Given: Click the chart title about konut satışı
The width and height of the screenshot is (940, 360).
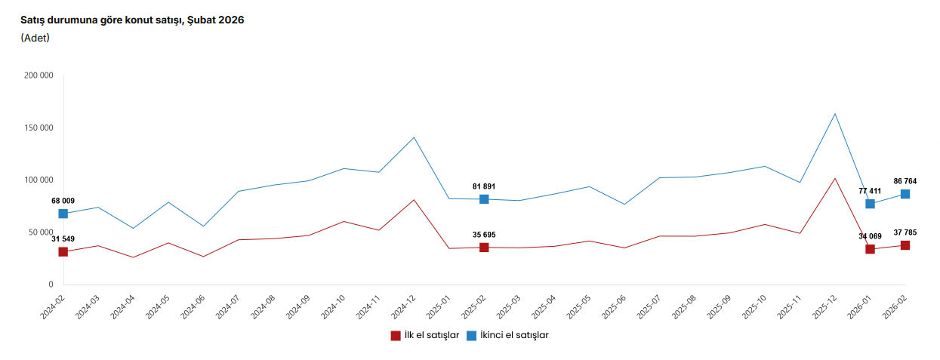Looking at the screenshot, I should point(132,20).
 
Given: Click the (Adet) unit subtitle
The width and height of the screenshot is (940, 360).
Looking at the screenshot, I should point(35,38).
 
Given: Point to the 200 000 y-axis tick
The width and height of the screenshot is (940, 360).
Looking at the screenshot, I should point(39,75).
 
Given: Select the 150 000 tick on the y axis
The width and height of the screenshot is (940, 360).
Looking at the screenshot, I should point(39,128).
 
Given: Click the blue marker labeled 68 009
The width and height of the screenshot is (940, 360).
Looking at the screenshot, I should point(63,214).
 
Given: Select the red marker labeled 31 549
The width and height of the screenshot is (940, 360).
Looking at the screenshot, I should point(63,251).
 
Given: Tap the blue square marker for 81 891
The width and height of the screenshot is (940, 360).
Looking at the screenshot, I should point(484,199).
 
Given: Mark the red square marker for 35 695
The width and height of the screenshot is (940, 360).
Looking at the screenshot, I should point(484,248).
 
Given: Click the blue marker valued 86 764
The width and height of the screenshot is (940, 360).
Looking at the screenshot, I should point(905,194).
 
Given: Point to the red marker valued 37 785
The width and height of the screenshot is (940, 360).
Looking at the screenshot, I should point(905,245).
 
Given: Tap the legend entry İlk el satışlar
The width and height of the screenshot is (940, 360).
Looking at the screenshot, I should point(425,336).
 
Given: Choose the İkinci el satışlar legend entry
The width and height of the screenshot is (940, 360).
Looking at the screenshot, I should point(507,336).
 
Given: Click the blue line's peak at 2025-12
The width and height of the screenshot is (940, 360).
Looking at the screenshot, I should point(835,114).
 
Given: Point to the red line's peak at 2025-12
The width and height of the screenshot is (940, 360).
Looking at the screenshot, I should point(835,178).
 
